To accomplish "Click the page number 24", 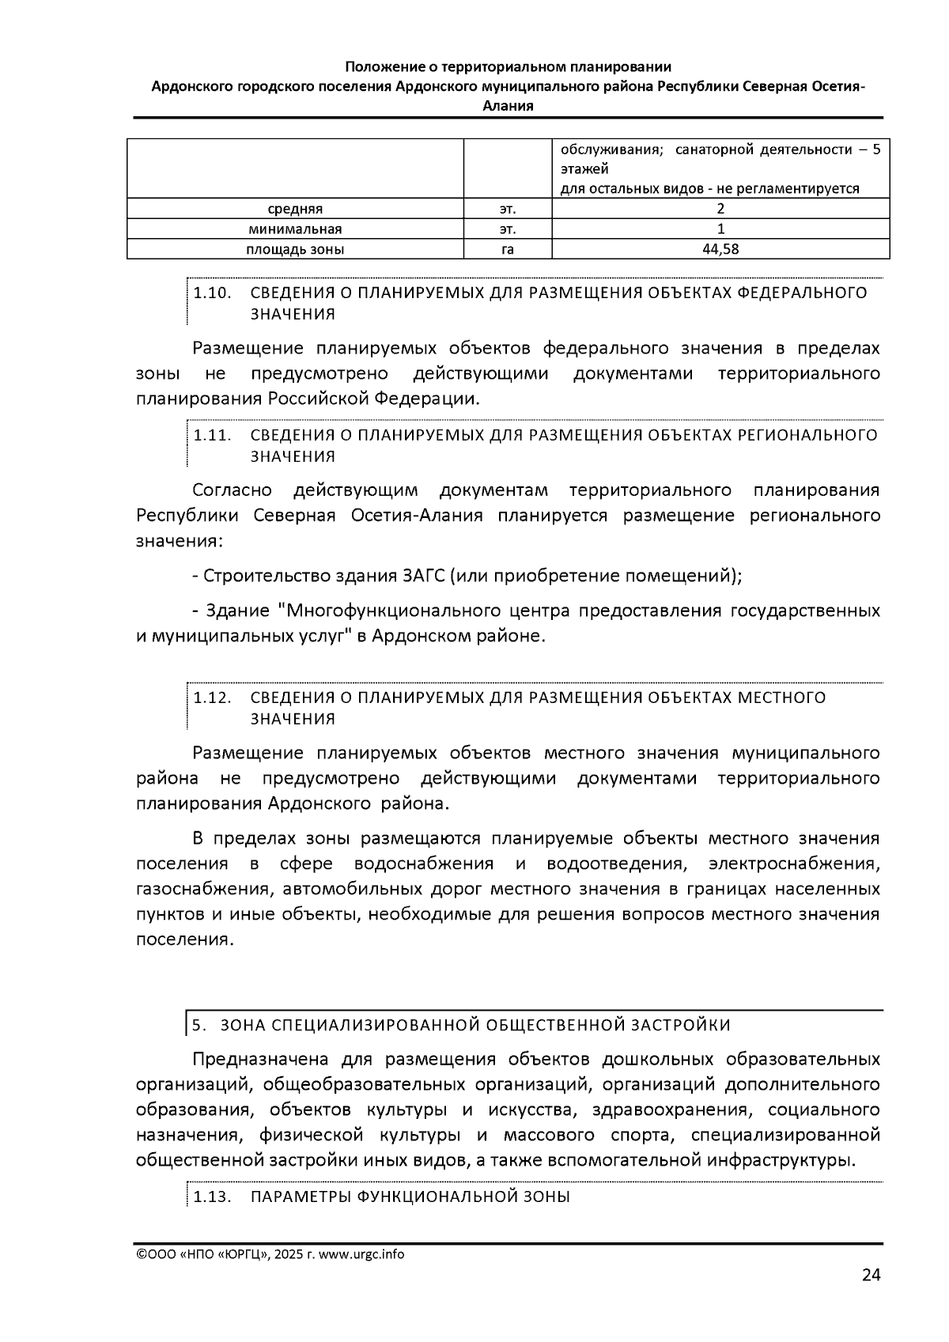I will [x=871, y=1275].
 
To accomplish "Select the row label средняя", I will [x=294, y=210].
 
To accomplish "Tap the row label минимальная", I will [x=294, y=230].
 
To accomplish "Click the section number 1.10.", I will [x=212, y=293].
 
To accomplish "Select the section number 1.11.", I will [x=212, y=436].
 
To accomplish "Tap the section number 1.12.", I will [x=212, y=698].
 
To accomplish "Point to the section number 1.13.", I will [x=212, y=1197].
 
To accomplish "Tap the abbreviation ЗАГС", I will [x=420, y=576].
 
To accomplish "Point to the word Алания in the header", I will [x=508, y=105].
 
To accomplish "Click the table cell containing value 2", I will [x=720, y=210].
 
